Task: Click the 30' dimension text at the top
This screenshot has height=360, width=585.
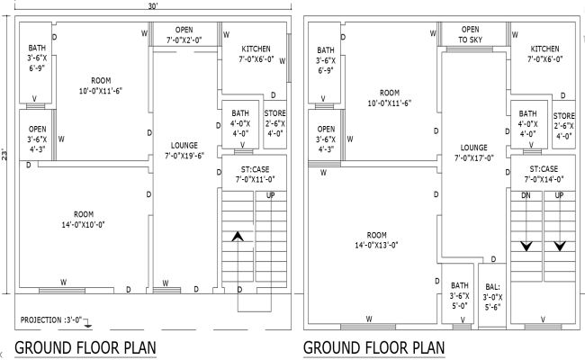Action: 154,5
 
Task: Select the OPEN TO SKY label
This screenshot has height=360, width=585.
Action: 471,34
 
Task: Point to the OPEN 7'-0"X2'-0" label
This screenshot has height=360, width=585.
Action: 184,34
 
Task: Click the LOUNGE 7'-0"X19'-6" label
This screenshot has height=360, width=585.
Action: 184,150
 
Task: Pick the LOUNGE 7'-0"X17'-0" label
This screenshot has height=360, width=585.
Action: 473,152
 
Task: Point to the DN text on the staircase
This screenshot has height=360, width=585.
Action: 526,195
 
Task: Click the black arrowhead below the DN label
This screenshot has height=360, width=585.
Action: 526,245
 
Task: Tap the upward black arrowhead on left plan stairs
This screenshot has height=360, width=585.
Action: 238,237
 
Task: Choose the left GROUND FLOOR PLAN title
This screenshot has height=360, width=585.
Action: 85,347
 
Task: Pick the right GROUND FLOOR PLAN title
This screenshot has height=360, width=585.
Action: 373,347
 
